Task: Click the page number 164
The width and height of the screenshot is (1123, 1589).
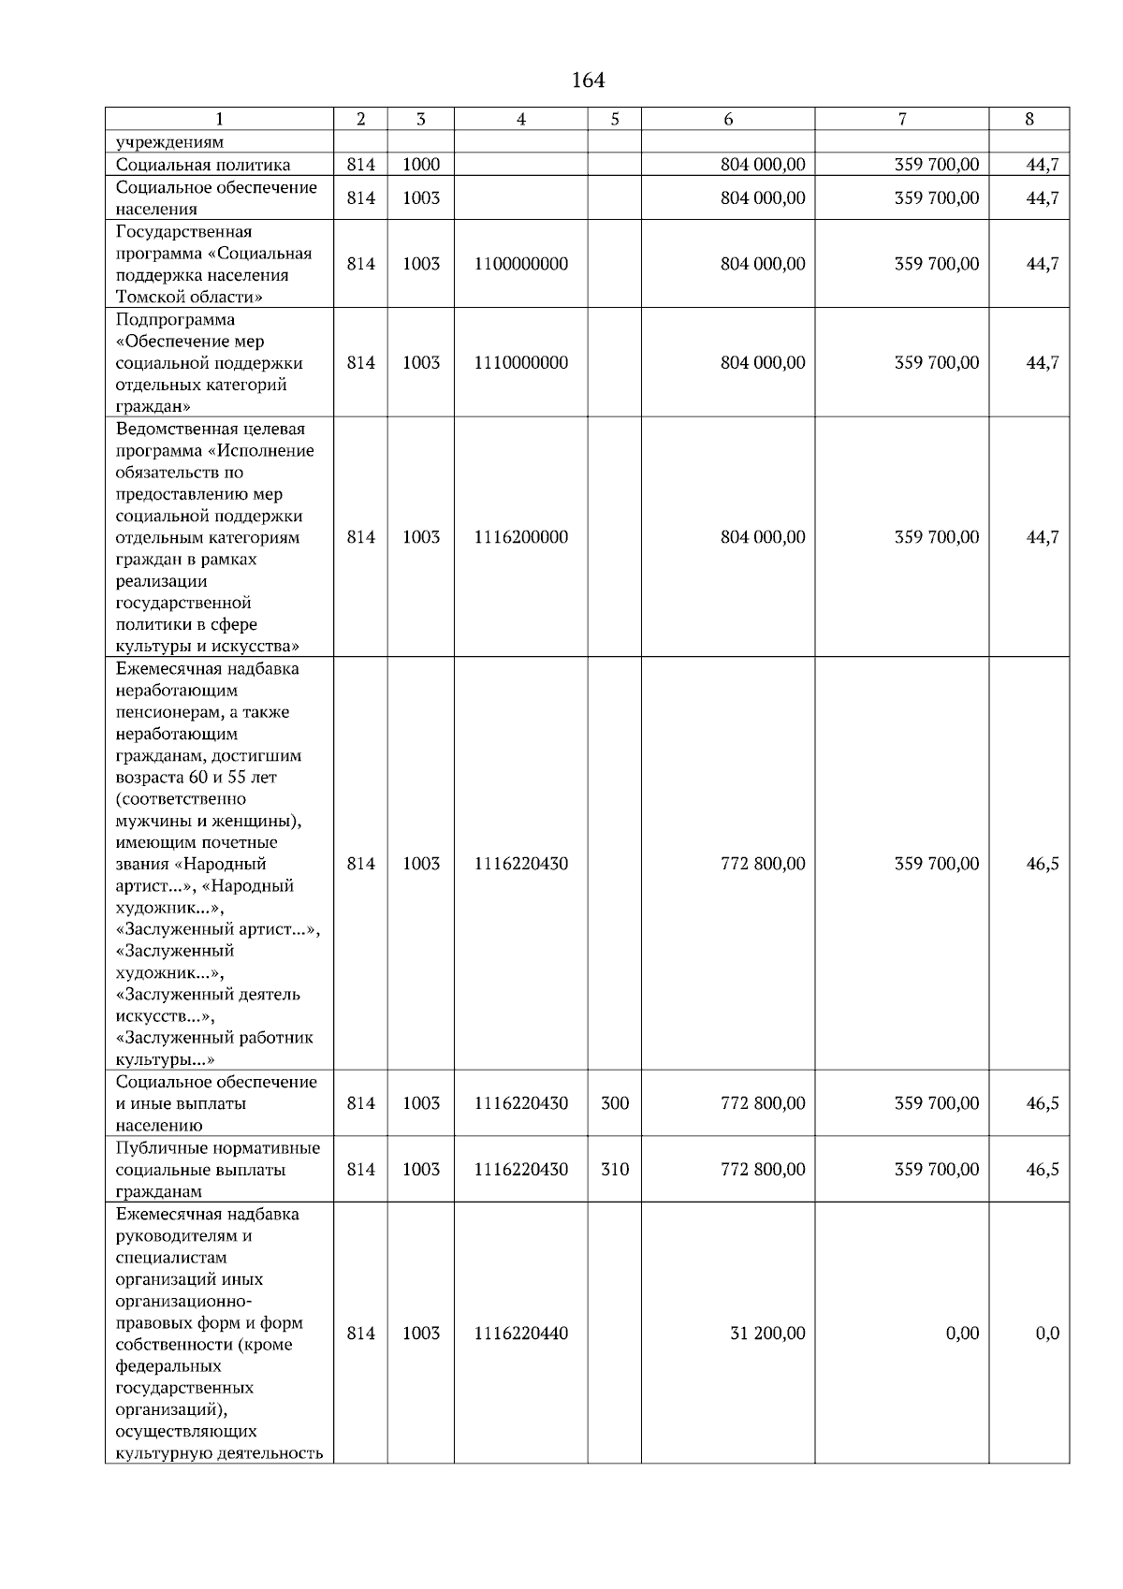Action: point(588,80)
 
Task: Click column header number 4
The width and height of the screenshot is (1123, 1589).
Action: point(520,119)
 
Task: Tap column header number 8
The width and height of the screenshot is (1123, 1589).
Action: point(1029,119)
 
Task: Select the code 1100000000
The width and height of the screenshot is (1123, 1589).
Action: point(520,264)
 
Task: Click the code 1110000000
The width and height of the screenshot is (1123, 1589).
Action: point(520,363)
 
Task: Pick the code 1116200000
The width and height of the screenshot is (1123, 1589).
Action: point(520,537)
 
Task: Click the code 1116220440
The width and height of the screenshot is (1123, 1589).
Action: point(520,1334)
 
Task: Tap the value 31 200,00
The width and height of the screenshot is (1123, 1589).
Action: point(766,1334)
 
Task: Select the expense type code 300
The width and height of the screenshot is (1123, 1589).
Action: point(614,1103)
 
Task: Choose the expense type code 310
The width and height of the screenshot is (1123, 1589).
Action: point(614,1170)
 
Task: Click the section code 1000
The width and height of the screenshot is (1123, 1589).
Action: point(421,165)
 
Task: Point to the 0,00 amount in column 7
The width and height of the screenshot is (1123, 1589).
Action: point(962,1334)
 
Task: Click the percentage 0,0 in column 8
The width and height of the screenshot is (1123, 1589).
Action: point(1047,1334)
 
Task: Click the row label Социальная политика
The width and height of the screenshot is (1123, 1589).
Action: point(203,165)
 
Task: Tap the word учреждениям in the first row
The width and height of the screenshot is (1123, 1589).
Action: point(169,142)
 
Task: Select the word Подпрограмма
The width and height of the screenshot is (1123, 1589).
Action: point(175,320)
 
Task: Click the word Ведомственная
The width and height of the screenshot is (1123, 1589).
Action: point(169,430)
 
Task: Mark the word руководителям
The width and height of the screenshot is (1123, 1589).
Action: point(172,1236)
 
